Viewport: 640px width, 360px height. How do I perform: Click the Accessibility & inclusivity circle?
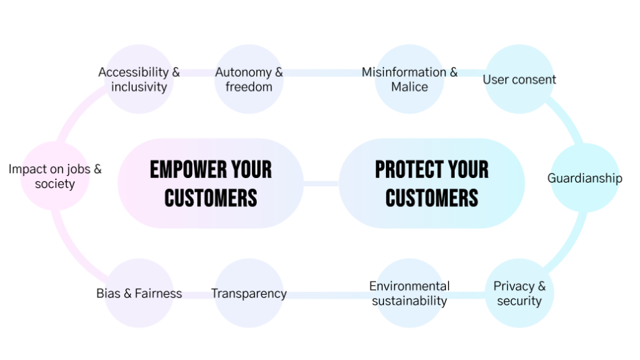(139, 80)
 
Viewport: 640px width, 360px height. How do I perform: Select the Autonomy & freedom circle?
(249, 80)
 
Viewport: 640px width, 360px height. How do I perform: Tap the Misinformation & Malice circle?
(410, 80)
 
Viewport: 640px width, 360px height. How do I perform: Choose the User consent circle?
(519, 80)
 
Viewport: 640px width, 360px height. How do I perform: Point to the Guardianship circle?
(585, 178)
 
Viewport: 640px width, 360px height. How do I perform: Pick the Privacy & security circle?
(519, 293)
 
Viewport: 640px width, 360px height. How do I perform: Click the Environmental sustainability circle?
(410, 293)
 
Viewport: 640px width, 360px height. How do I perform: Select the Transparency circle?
(249, 293)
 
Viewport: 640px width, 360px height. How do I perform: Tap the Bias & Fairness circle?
(139, 293)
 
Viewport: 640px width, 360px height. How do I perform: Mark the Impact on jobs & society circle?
(55, 176)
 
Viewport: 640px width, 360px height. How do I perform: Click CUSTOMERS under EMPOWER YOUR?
(211, 198)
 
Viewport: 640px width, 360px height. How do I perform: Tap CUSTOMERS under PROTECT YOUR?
(432, 198)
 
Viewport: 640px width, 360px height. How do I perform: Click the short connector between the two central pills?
(321, 183)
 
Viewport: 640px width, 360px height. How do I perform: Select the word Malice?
(410, 87)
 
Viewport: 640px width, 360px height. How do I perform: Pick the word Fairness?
(158, 293)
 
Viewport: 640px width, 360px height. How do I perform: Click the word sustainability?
(410, 301)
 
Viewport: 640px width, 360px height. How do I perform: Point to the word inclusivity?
(139, 87)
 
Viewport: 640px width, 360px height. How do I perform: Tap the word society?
(55, 184)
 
